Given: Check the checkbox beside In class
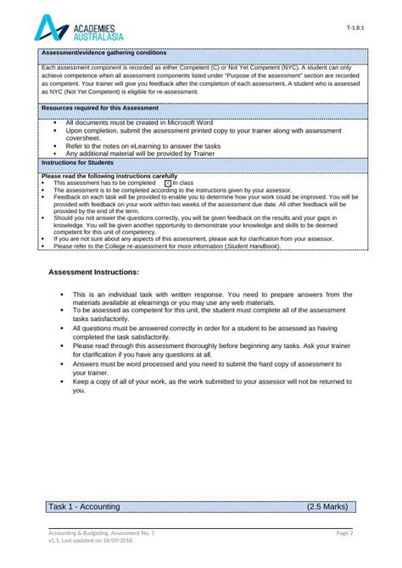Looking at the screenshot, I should tap(167, 183).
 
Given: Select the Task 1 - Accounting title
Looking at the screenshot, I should tap(84, 507).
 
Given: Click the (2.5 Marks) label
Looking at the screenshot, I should tap(327, 507).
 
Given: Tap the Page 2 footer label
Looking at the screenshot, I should tap(343, 532).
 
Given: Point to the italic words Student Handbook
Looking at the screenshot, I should tap(254, 247).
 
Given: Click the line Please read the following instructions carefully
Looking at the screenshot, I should tap(109, 176).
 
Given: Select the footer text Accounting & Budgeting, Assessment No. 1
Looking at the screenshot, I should tap(102, 532).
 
